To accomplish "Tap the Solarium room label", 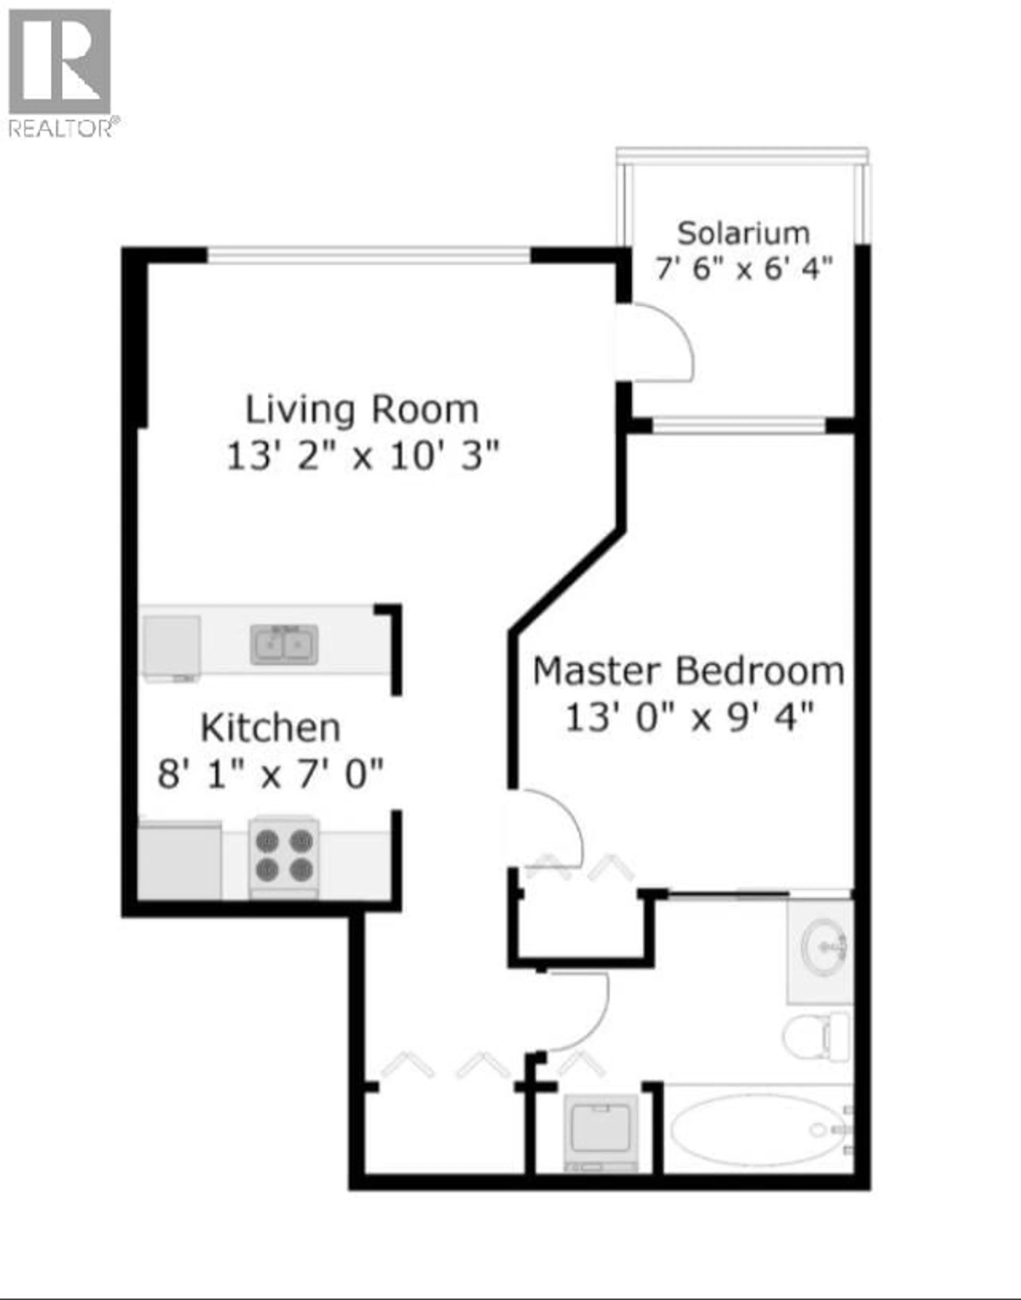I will [x=743, y=233].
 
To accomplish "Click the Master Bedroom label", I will [x=689, y=671].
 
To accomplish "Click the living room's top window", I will [x=369, y=255].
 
